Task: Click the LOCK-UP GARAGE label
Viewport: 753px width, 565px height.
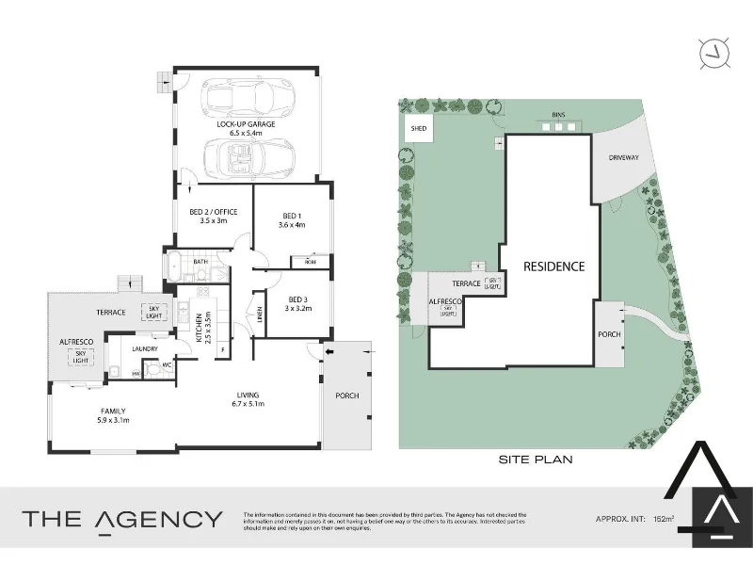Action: point(245,124)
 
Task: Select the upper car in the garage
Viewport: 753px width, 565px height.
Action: point(248,96)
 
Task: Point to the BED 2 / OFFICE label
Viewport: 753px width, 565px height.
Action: point(213,212)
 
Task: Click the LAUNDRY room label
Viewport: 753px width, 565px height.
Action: point(144,349)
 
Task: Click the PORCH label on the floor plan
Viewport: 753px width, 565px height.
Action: point(347,395)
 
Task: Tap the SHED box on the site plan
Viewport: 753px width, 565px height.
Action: point(418,129)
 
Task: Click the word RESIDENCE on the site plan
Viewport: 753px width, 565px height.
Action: point(554,266)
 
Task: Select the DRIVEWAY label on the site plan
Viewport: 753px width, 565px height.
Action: point(624,158)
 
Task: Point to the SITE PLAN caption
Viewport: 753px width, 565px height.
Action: point(536,460)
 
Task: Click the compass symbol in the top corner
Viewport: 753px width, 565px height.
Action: point(713,54)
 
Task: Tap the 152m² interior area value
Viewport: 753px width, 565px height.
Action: point(665,519)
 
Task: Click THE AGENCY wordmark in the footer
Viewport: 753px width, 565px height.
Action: point(122,519)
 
